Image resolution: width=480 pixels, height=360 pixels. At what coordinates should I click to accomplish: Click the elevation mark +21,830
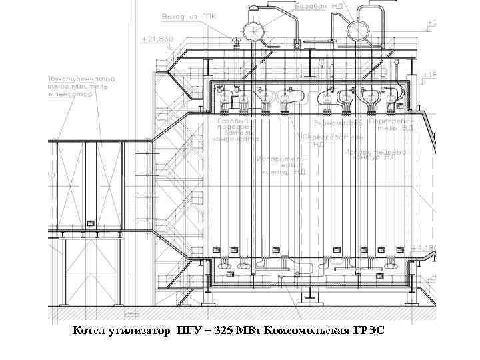tap(157, 39)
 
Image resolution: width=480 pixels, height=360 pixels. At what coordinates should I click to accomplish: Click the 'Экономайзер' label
tap(338, 123)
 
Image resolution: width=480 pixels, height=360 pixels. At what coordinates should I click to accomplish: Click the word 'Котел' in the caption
tap(88, 331)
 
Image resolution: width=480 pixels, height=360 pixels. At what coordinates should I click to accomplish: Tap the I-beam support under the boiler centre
tap(311, 294)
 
